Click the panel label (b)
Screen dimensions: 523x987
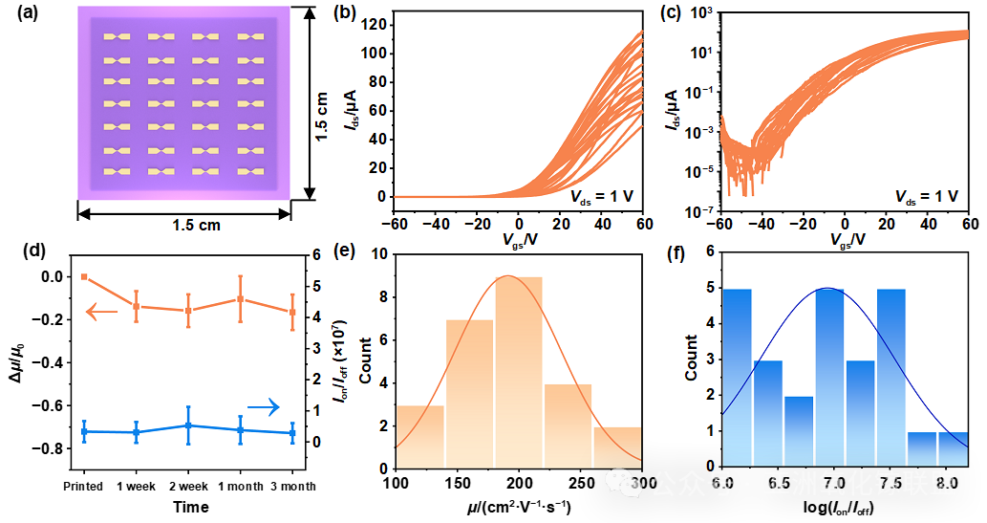[x=343, y=13]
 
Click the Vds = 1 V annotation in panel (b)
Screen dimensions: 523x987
[x=602, y=197]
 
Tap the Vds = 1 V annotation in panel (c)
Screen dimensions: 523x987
[x=926, y=197]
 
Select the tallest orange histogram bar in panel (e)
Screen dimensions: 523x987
[x=519, y=373]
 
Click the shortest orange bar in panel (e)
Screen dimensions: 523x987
[x=617, y=447]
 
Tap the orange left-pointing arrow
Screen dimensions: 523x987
[x=101, y=312]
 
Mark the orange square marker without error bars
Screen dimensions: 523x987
[x=84, y=277]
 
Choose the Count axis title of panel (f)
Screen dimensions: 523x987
[x=691, y=360]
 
